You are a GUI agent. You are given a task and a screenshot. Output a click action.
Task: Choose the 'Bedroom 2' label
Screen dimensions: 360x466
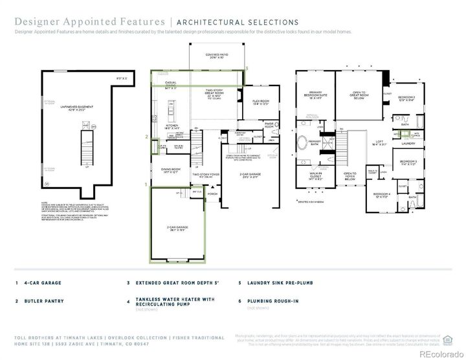[406, 98]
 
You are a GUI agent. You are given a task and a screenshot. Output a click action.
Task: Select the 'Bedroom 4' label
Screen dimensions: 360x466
[382, 195]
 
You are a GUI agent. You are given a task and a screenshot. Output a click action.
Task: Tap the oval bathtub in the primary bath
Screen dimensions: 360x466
[304, 142]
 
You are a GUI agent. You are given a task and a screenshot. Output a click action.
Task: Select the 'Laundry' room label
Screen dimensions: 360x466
[408, 143]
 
